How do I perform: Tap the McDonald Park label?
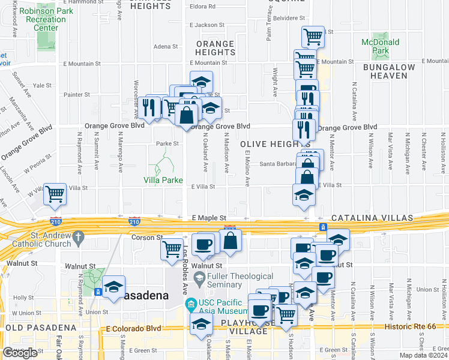click(x=381, y=47)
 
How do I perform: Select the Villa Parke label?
click(x=163, y=179)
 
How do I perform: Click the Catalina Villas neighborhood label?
click(x=382, y=217)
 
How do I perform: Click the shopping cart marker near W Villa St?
click(x=55, y=194)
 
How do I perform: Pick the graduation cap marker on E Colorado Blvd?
click(x=201, y=324)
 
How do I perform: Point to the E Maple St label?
click(x=208, y=217)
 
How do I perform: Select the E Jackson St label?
click(x=206, y=25)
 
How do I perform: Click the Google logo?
click(x=19, y=353)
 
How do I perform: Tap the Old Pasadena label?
click(x=41, y=328)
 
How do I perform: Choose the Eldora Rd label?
click(x=203, y=7)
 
